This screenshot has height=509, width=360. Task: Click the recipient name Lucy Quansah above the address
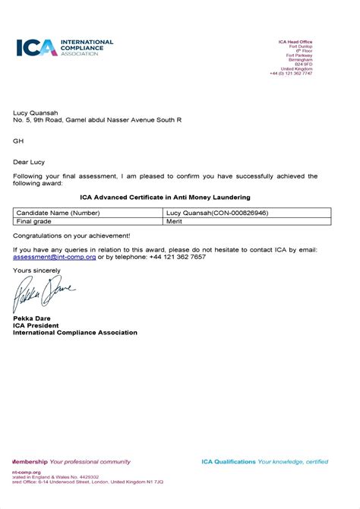pyautogui.click(x=36, y=112)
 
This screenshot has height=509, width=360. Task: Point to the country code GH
pyautogui.click(x=18, y=141)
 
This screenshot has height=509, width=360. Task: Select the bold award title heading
pyautogui.click(x=165, y=198)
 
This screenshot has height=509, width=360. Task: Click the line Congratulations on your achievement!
pyautogui.click(x=71, y=236)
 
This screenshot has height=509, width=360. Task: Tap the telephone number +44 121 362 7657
pyautogui.click(x=172, y=257)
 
